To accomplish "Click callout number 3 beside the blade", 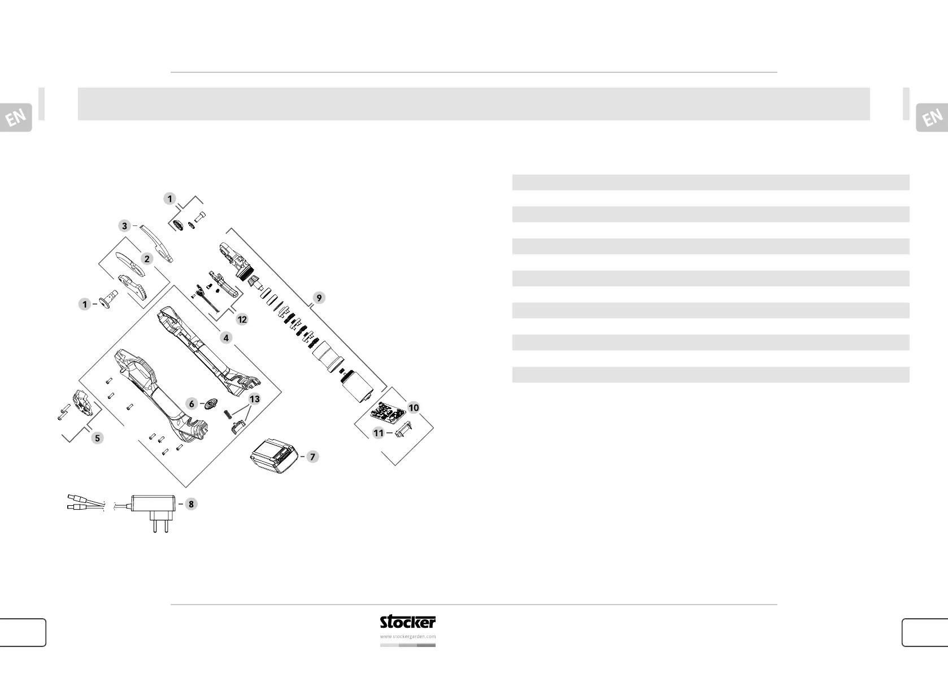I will [x=125, y=226].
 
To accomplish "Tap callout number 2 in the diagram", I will [x=147, y=259].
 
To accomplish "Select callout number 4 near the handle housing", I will [x=226, y=338].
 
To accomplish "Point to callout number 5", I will [x=98, y=438].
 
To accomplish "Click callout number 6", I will [x=192, y=403].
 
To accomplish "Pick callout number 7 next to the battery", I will [x=312, y=457].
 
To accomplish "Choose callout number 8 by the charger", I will [x=192, y=504].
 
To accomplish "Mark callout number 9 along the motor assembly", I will [x=319, y=298].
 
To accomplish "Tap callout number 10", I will [x=414, y=407].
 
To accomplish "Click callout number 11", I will [x=379, y=433].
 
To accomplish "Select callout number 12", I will [x=242, y=319].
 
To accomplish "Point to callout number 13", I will [x=255, y=399].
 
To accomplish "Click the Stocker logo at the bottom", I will [x=407, y=622].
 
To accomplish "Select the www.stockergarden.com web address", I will [x=407, y=636].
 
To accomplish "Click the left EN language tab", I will [x=16, y=118].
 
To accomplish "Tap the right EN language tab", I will [x=932, y=118].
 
